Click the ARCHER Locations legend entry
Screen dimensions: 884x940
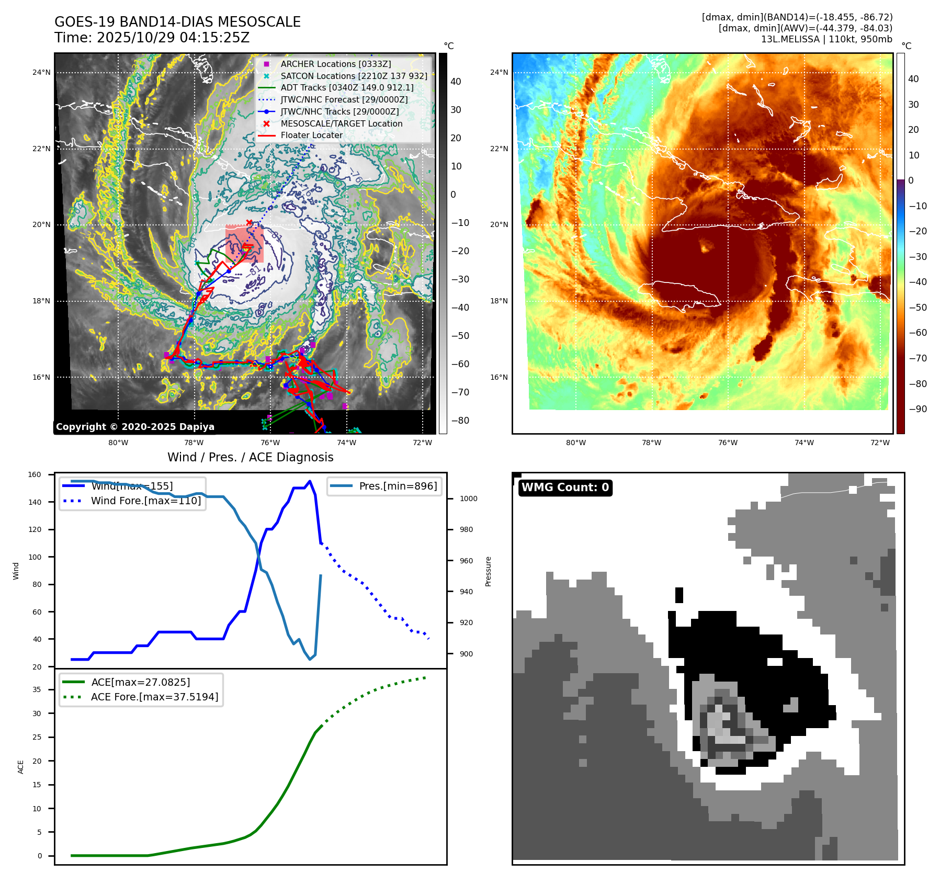click(335, 64)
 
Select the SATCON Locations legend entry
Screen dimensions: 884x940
click(354, 76)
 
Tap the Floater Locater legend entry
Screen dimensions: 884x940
click(311, 135)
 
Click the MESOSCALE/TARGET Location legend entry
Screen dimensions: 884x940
click(341, 123)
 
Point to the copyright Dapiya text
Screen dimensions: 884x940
click(135, 427)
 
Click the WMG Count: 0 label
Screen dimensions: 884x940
click(565, 488)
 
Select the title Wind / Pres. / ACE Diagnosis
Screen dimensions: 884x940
click(250, 457)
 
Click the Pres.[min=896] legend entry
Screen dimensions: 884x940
click(398, 486)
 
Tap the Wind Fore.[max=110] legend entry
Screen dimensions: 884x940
click(145, 501)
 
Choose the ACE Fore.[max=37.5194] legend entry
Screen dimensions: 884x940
click(154, 697)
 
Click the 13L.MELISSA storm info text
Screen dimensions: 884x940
click(826, 39)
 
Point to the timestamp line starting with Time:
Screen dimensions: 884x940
click(152, 38)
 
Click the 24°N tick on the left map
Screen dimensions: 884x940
click(41, 72)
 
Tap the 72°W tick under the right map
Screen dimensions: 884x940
click(880, 443)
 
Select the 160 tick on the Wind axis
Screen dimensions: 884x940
click(35, 474)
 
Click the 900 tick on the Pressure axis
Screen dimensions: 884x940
click(466, 654)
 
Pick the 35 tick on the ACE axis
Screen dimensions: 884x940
click(37, 689)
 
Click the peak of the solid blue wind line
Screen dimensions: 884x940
click(310, 481)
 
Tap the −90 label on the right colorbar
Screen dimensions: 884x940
click(918, 409)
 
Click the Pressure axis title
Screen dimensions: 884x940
click(488, 571)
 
